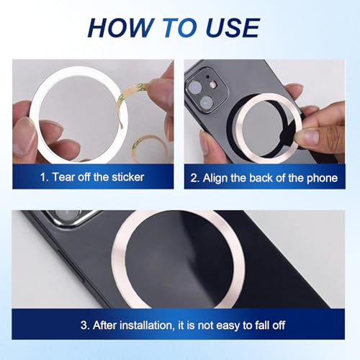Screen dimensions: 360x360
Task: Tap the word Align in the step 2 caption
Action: pyautogui.click(x=220, y=176)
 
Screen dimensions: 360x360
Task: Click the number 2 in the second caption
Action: pyautogui.click(x=195, y=176)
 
